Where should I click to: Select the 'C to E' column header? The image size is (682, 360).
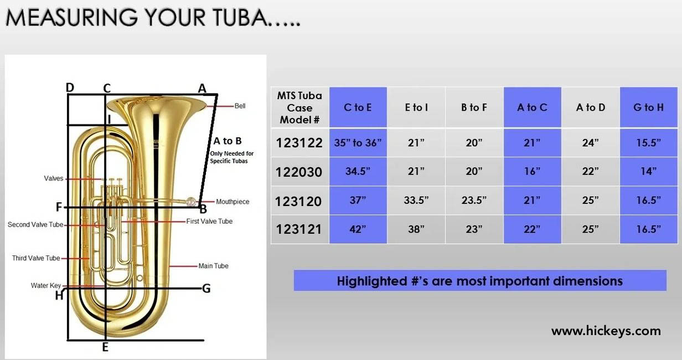click(358, 107)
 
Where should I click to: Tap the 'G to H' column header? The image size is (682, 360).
click(649, 107)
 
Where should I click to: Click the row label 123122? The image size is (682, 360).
click(299, 143)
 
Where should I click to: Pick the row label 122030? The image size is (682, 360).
click(299, 172)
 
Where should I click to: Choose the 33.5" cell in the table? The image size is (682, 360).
click(416, 200)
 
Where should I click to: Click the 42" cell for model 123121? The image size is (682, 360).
click(358, 229)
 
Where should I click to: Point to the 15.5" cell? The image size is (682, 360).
click(649, 142)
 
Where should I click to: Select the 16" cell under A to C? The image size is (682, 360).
click(532, 171)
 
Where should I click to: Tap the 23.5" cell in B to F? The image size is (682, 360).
click(474, 200)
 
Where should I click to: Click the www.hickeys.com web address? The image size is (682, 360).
click(606, 331)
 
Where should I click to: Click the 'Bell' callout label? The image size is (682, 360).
click(240, 106)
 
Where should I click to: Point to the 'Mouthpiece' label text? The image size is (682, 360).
click(232, 202)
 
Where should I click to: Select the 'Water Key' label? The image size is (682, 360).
click(45, 286)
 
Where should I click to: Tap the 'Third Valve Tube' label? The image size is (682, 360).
click(36, 258)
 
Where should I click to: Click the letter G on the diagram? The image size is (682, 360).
click(206, 289)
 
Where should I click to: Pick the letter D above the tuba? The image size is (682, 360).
click(70, 88)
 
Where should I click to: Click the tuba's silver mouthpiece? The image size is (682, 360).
click(191, 202)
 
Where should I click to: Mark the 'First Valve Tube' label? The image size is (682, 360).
click(209, 222)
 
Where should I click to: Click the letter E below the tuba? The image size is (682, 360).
click(105, 347)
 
